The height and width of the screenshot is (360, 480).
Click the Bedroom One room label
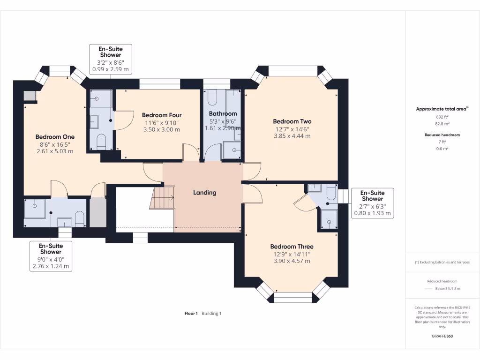tap(55, 137)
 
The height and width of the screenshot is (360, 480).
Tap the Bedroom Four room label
tap(162, 115)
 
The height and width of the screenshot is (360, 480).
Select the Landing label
tap(205, 193)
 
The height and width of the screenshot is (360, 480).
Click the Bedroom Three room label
tap(292, 247)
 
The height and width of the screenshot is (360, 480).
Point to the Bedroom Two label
tap(293, 122)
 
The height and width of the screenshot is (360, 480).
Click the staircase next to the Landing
tap(163, 198)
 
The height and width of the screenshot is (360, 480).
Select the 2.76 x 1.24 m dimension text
tap(51, 266)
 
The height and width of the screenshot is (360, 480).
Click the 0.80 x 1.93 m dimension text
tap(373, 213)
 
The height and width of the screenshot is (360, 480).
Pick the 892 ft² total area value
tap(442, 117)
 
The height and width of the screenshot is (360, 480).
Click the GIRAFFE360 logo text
tap(442, 336)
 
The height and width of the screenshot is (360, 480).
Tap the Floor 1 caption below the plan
tap(191, 313)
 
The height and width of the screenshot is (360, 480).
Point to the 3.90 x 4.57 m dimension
tap(292, 261)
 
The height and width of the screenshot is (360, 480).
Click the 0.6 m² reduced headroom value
tap(442, 149)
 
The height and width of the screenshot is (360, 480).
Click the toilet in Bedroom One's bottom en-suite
tap(79, 218)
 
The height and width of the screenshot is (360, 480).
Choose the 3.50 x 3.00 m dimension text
tap(162, 129)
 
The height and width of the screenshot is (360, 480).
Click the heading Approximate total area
tap(442, 109)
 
